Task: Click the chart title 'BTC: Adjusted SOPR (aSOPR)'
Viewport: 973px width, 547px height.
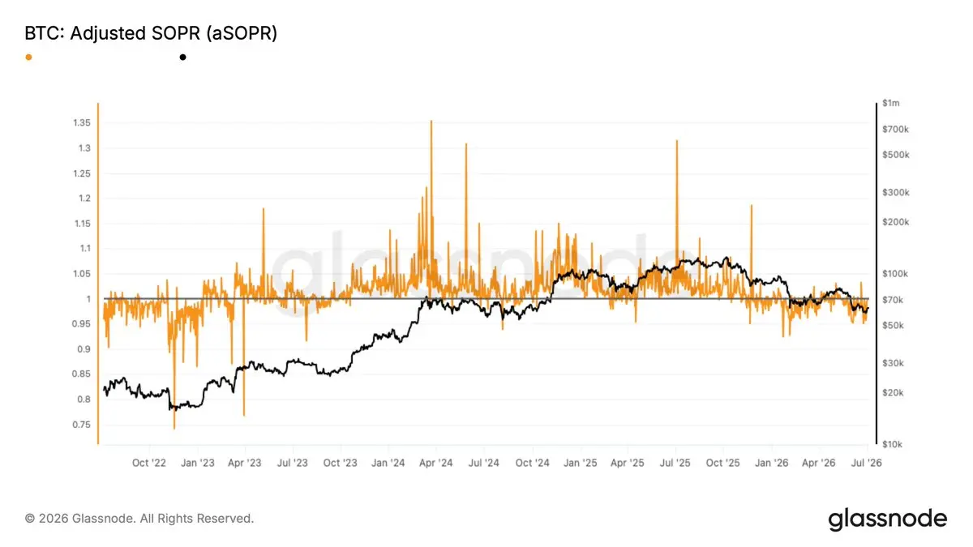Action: (151, 33)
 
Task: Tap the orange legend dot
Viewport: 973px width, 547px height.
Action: (28, 58)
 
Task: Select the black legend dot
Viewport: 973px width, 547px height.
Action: (183, 58)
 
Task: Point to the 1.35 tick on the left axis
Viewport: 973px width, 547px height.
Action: (82, 123)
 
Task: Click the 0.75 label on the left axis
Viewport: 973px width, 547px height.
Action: (82, 425)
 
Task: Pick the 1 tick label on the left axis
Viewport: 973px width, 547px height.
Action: (88, 299)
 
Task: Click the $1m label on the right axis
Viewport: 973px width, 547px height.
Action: (891, 104)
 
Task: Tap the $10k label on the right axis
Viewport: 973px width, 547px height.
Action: (892, 445)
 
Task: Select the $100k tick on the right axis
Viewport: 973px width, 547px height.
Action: (895, 274)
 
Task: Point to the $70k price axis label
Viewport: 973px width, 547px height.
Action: (893, 300)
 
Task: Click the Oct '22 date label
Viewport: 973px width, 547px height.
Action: (149, 464)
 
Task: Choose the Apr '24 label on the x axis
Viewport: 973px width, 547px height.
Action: (435, 464)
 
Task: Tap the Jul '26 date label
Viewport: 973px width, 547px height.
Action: (866, 464)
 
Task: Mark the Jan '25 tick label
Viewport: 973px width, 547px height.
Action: (580, 464)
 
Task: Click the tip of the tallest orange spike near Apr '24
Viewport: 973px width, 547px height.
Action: (431, 121)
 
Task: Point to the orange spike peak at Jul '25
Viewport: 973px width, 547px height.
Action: (677, 141)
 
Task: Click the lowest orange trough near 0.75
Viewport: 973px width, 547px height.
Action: (174, 429)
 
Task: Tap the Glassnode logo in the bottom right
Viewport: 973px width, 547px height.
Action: (887, 519)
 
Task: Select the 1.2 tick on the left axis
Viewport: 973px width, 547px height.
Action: (84, 199)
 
